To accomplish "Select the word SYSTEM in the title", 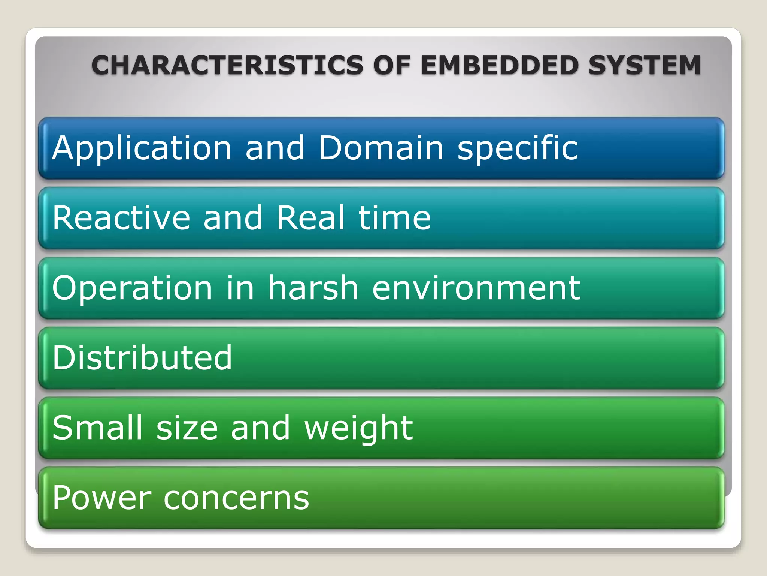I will point(644,65).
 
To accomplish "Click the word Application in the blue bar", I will point(142,149).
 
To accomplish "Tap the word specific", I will point(518,149).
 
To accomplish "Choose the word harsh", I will point(313,288).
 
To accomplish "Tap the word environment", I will point(476,288).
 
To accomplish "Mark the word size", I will point(187,428).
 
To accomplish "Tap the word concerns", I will point(236,499).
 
